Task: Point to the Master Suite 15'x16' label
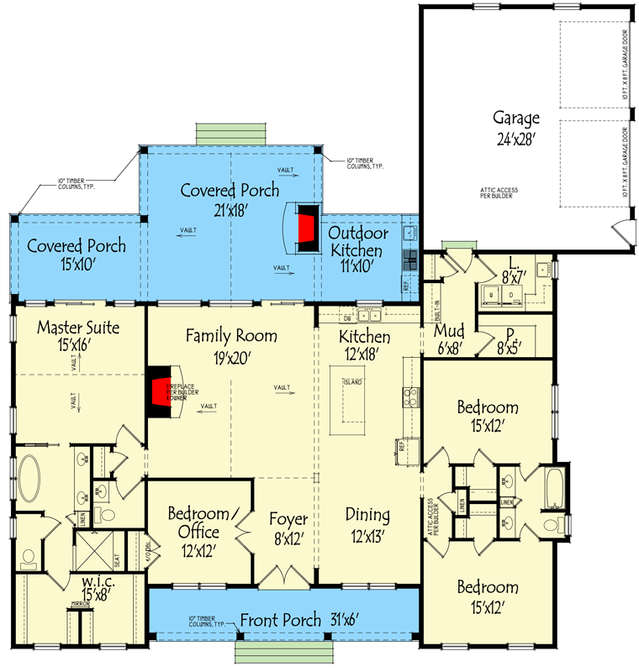tap(78, 335)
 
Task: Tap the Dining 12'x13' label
tap(367, 523)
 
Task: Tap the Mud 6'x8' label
tap(447, 338)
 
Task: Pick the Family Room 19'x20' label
tap(230, 345)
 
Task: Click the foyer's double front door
tap(286, 578)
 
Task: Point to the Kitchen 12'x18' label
tap(364, 345)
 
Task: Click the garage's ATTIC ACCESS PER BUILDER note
tap(500, 193)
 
